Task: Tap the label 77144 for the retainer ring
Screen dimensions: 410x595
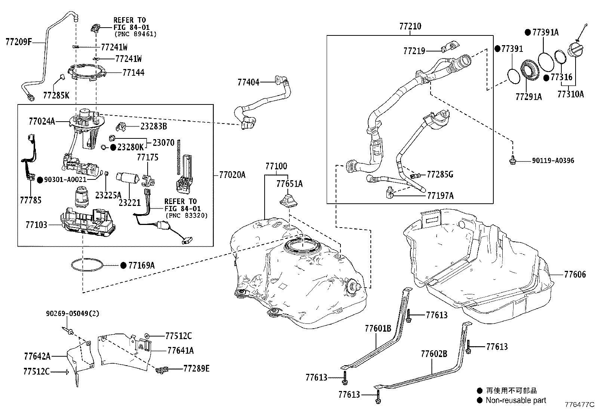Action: point(133,72)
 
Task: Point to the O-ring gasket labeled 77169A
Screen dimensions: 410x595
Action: point(87,265)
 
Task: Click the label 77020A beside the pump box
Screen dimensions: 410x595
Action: point(232,175)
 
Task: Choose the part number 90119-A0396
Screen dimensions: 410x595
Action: point(553,161)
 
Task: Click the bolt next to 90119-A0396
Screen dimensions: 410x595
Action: point(513,161)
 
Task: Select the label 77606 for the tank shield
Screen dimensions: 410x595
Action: point(575,275)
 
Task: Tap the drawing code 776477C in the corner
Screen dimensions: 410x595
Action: point(579,404)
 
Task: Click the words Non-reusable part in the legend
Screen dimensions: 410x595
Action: point(515,400)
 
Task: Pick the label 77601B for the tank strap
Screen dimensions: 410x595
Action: point(378,329)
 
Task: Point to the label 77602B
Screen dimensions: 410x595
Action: point(434,354)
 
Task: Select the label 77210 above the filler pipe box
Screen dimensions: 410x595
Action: point(410,26)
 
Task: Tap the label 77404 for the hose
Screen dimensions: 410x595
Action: point(248,82)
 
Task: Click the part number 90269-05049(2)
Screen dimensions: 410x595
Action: point(73,314)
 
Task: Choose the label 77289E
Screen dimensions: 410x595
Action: point(196,369)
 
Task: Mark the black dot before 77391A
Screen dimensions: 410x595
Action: point(528,32)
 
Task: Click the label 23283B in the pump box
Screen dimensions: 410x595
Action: point(153,126)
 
